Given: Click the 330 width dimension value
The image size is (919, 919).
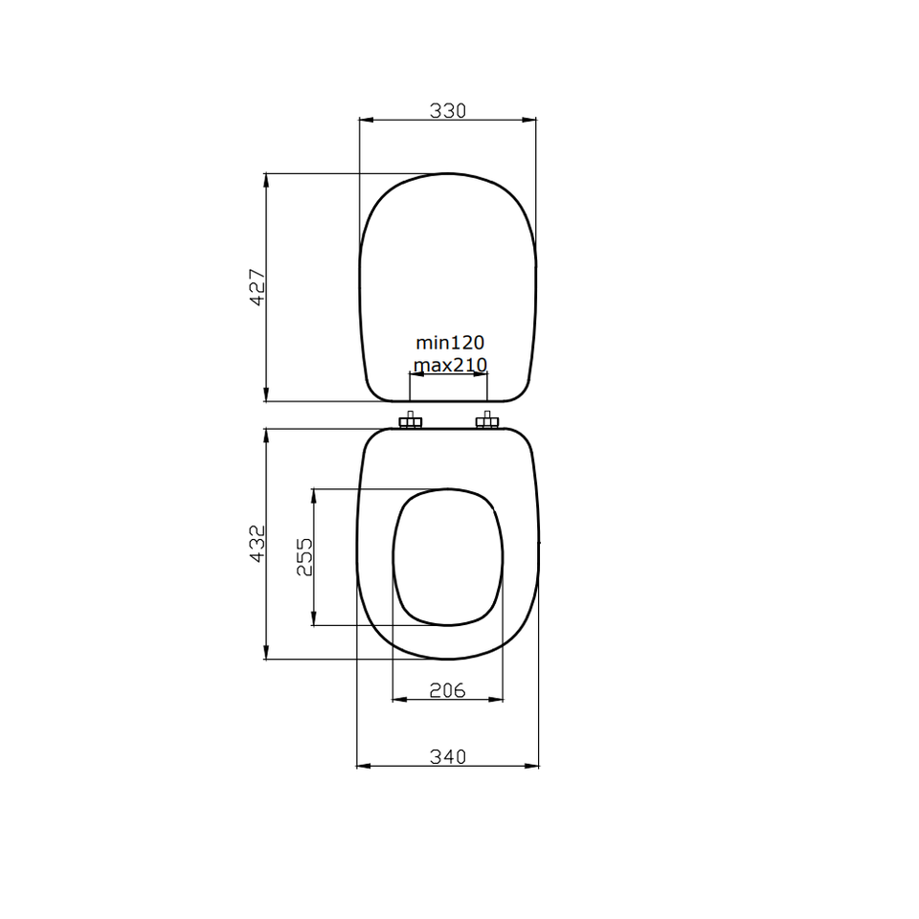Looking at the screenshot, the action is click(448, 110).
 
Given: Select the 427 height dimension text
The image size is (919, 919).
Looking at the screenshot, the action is click(258, 287).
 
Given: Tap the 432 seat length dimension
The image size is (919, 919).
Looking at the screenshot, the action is click(258, 544).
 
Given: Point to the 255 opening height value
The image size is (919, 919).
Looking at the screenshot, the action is click(304, 557).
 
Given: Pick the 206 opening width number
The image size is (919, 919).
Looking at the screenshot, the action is click(447, 690).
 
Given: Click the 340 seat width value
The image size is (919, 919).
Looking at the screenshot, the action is click(448, 756).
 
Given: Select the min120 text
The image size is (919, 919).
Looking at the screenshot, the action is click(450, 343).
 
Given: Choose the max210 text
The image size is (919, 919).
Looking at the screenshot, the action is click(450, 365).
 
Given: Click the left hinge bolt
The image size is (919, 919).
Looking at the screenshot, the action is click(411, 420).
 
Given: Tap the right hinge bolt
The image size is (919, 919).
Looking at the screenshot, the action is click(487, 420).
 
